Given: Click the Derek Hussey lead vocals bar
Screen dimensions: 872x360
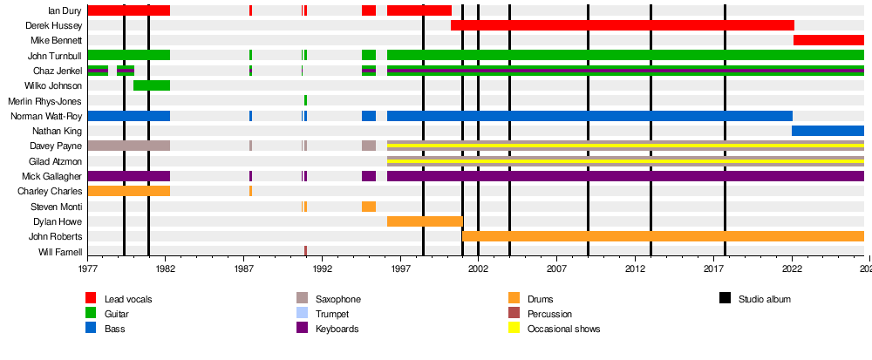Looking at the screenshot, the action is click(623, 25).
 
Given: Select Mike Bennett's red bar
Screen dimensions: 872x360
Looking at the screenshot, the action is click(828, 40).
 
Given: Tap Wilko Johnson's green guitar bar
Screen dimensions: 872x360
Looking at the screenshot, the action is click(152, 85).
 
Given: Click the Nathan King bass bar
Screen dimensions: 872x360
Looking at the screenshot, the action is click(828, 131).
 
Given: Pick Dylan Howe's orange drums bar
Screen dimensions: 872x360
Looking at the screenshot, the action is click(425, 221).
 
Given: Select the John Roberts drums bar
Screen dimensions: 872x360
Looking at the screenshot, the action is click(663, 237).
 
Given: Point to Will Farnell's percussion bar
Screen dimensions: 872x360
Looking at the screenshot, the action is click(305, 251).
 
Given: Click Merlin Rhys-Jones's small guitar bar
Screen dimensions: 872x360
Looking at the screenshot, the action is click(305, 100).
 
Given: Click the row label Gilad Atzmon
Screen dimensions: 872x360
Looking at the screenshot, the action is click(55, 161).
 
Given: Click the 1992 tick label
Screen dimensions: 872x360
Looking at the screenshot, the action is click(323, 268).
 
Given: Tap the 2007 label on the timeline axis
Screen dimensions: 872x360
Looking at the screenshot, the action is click(556, 268).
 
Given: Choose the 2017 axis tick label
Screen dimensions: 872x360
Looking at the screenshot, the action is click(713, 268).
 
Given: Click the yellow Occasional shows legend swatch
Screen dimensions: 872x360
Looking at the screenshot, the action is click(514, 329).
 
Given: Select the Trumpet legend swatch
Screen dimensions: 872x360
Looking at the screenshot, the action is click(303, 314).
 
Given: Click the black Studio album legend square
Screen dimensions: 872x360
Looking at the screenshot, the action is click(726, 299).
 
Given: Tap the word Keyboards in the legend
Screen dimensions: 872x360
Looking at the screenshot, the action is click(337, 329).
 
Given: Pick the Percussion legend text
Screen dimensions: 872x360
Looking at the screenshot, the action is click(549, 314).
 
